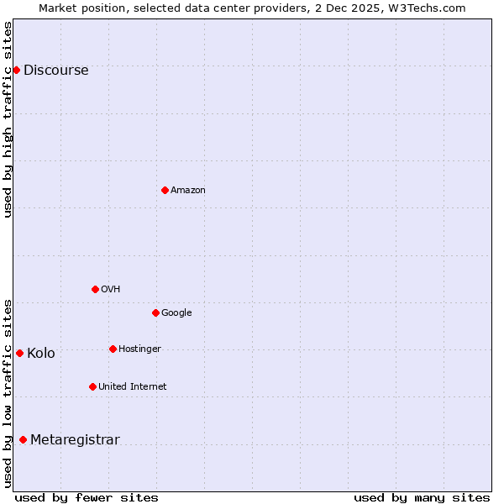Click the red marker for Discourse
tap(16, 70)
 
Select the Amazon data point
tap(165, 190)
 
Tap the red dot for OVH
tap(95, 289)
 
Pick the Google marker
tap(155, 312)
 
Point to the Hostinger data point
tap(113, 349)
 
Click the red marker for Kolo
tap(19, 353)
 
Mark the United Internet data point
tap(92, 386)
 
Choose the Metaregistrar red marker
tap(23, 439)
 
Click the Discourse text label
tap(56, 71)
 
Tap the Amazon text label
tap(188, 191)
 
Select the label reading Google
tap(176, 313)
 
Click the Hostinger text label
tap(139, 349)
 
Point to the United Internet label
tap(133, 387)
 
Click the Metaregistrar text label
tap(75, 440)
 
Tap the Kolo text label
tap(41, 354)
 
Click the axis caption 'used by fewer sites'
tap(87, 498)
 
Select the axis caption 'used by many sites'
tap(422, 498)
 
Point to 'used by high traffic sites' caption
tap(8, 119)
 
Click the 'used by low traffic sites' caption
tap(8, 392)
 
